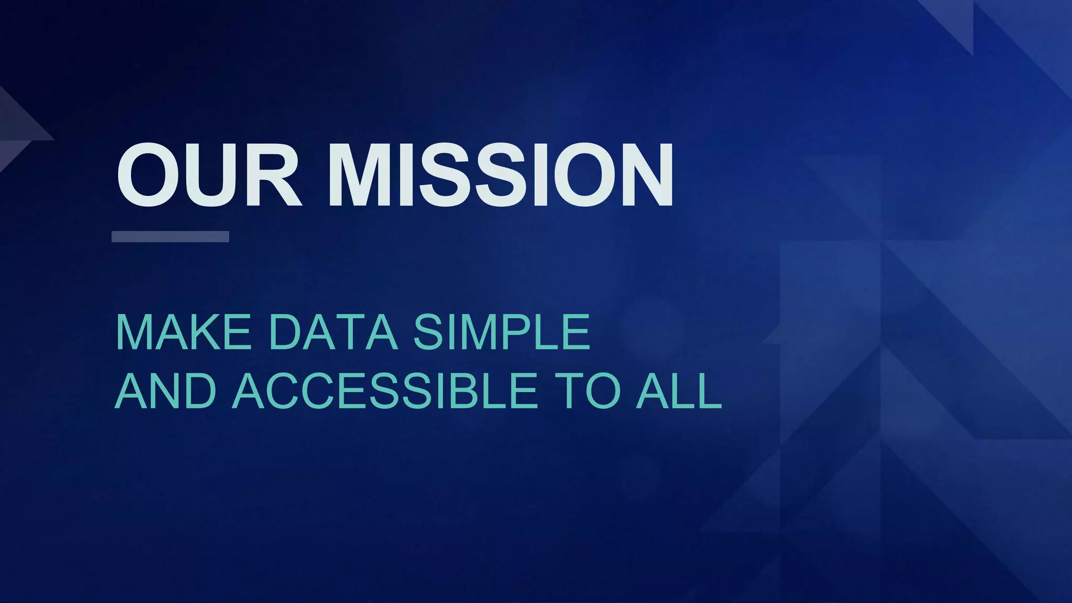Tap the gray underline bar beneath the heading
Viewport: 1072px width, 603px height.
pos(170,237)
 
